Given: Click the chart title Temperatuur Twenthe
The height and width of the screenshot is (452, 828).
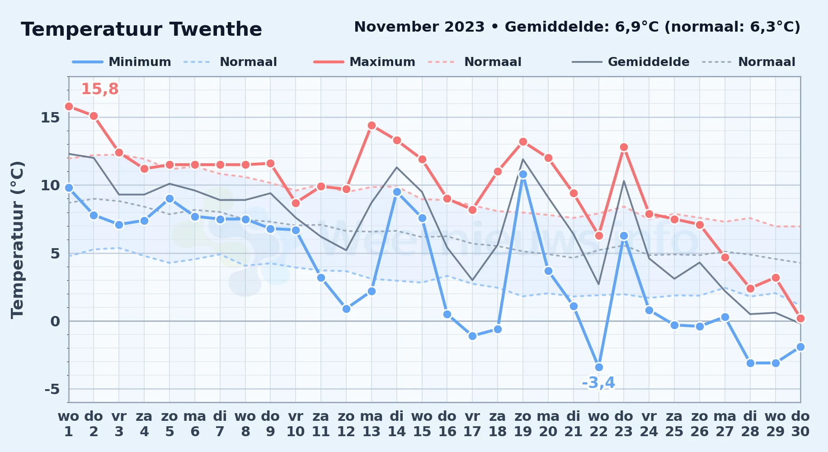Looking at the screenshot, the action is click(x=141, y=30).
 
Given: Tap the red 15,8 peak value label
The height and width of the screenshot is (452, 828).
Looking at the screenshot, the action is click(x=99, y=89).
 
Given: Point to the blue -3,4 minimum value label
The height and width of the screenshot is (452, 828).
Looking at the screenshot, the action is click(x=598, y=383).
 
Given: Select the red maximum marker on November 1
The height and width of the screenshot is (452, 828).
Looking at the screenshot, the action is click(x=69, y=107).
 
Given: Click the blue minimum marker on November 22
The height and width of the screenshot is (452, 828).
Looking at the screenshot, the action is click(x=599, y=367).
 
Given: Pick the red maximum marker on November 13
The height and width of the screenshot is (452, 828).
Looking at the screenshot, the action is click(x=372, y=126).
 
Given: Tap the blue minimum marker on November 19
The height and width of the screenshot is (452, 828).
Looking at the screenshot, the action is click(x=523, y=174).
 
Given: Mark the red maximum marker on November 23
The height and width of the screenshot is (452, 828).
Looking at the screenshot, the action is click(x=624, y=147).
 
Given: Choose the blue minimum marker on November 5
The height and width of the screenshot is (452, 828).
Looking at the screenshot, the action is click(x=169, y=199).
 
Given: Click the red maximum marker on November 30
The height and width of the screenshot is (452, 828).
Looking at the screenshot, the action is click(x=800, y=319).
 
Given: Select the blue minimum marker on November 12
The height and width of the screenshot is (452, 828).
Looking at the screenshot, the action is click(x=346, y=309).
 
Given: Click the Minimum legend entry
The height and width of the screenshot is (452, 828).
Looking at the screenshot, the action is click(x=122, y=62).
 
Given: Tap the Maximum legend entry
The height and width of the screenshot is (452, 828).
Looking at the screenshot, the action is click(x=364, y=62).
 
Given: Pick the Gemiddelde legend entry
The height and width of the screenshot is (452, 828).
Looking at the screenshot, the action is click(x=631, y=62).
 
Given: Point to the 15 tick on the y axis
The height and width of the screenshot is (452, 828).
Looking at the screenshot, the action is click(x=50, y=118).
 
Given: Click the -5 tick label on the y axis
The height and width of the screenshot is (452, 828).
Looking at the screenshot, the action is click(x=52, y=389).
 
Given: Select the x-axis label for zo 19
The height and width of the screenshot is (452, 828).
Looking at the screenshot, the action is click(x=523, y=424).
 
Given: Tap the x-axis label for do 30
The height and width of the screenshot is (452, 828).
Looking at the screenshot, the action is click(x=800, y=424).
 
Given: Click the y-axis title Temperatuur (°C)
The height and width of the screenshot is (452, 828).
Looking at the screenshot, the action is click(x=17, y=240).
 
